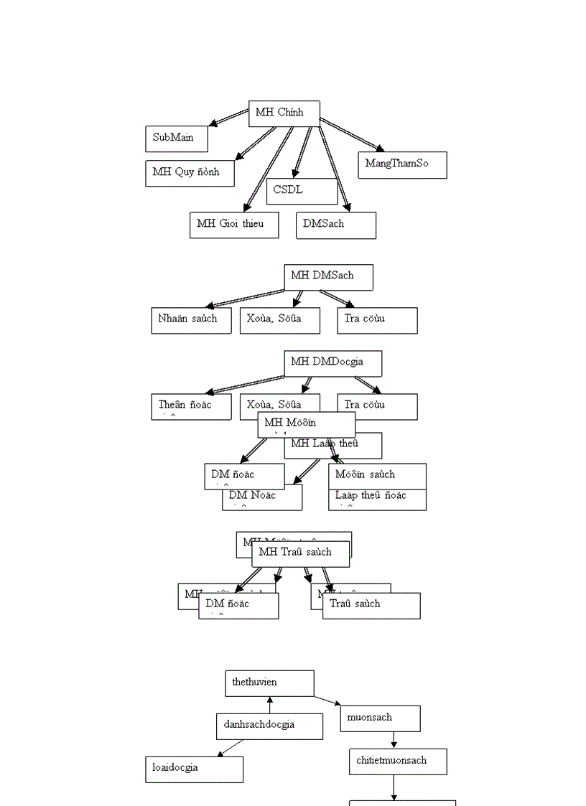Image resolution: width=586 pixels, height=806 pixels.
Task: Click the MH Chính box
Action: point(284,113)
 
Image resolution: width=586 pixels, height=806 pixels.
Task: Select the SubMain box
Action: point(176,139)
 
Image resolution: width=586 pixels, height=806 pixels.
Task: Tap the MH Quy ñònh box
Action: point(190,173)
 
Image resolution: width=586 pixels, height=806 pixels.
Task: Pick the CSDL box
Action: point(302,191)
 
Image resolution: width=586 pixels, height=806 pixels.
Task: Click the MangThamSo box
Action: point(402,164)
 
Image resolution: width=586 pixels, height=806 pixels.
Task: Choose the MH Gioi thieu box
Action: point(233,225)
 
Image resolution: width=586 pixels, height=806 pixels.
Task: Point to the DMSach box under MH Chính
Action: point(335,225)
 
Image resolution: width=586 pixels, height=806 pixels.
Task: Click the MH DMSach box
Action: point(328,277)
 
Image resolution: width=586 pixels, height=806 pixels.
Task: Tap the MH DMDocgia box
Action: point(332,363)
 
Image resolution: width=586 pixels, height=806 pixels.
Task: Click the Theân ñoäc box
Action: point(191,406)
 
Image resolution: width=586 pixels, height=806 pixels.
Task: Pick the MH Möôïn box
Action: point(306,423)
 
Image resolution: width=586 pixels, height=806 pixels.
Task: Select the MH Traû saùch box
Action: point(300,553)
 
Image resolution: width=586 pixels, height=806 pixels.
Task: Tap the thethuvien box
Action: point(269,683)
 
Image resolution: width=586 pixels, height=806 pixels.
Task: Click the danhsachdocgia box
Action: point(269,726)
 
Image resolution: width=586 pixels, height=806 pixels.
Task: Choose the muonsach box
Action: point(380,718)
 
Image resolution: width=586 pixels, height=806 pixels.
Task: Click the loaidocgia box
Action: point(194,769)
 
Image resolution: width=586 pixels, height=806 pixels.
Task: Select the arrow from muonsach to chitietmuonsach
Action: point(394,740)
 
